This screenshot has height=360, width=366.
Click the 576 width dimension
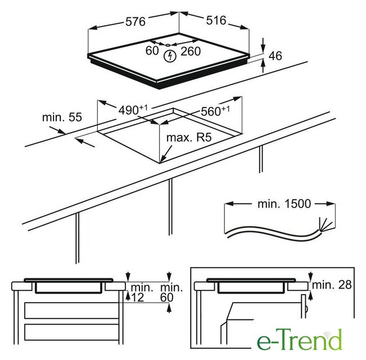point(135,21)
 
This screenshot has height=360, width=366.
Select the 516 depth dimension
point(216,20)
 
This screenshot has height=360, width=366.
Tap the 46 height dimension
point(275,56)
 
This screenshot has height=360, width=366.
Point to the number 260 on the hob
point(191,51)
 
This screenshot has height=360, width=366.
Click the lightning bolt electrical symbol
point(169,56)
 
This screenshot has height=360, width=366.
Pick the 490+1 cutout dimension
point(133,110)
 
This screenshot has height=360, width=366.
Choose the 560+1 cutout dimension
point(215,111)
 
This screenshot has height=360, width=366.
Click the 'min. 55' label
point(62,117)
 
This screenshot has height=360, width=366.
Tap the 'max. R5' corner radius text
point(189,137)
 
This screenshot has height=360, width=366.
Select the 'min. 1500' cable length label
point(284,204)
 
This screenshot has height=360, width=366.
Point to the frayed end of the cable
point(326,224)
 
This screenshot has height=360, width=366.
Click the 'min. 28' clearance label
point(332,285)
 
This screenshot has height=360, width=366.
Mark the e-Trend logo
point(300,339)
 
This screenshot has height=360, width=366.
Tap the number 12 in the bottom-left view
point(138,298)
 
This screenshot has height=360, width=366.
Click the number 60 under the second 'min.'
point(167,298)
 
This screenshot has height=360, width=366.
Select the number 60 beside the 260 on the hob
point(152,51)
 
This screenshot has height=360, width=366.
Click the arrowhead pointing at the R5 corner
point(162,159)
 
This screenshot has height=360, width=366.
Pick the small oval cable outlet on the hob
point(168,45)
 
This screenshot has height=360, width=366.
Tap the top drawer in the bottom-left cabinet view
point(71,310)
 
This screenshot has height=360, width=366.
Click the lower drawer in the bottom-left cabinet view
point(71,332)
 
